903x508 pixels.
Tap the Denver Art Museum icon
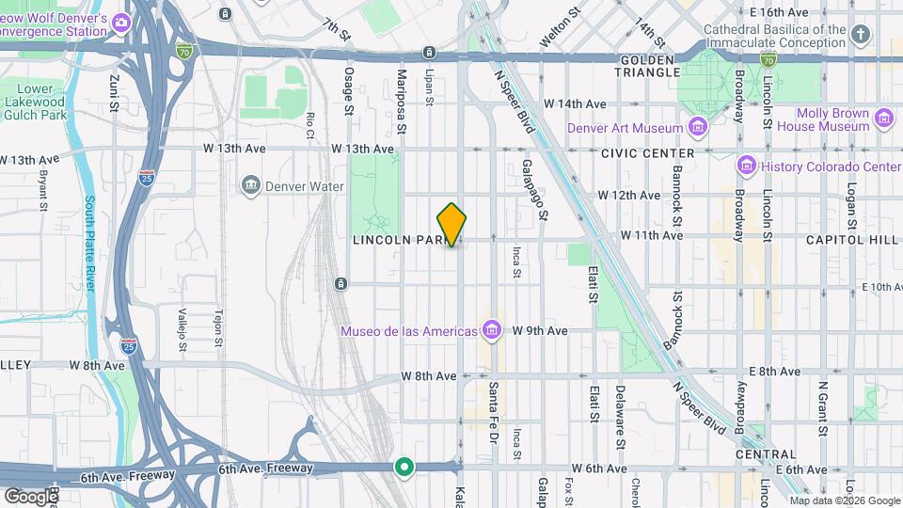point(697,127)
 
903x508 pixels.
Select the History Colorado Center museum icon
point(746,167)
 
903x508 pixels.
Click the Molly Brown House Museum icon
point(883,118)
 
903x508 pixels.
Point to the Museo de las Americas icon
point(491,330)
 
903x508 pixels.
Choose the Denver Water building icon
point(250,185)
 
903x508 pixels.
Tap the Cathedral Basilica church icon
point(860,36)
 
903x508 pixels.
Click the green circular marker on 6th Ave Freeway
point(404,467)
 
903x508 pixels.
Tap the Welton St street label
point(556,28)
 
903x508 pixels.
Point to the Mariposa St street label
point(401,102)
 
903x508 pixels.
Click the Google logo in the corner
point(31,496)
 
